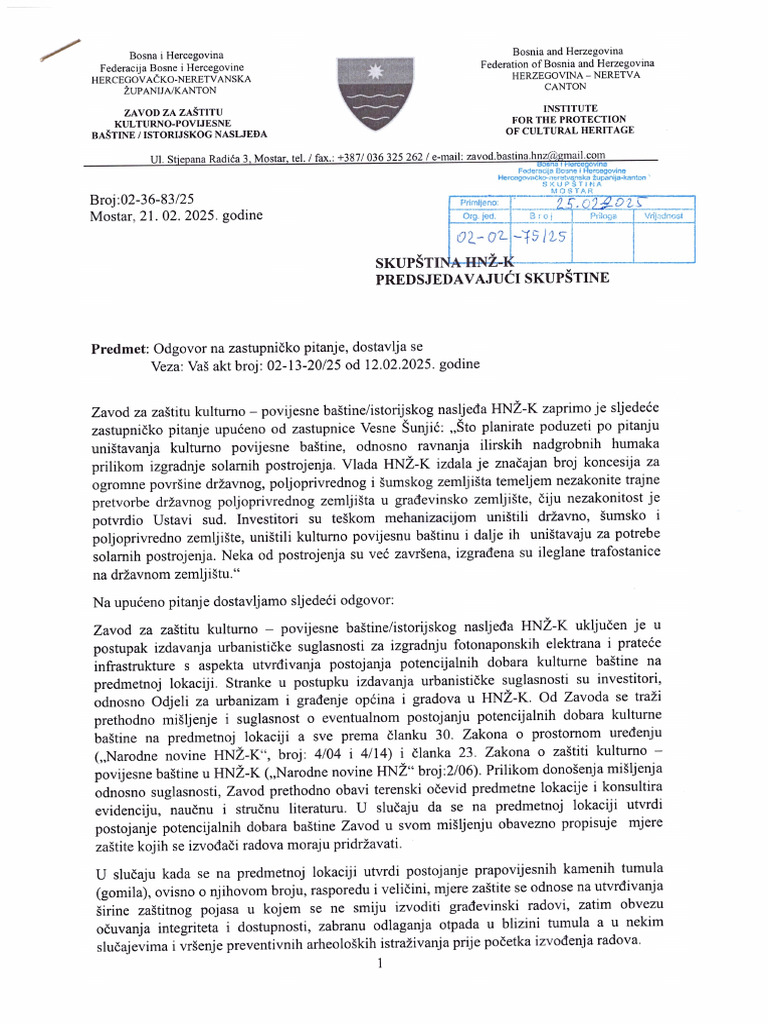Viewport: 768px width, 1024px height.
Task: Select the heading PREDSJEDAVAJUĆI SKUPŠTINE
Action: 491,279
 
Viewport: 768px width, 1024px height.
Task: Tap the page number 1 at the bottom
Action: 381,963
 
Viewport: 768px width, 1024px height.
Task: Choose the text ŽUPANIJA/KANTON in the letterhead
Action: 174,90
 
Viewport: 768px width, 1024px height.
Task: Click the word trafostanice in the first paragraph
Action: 614,557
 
